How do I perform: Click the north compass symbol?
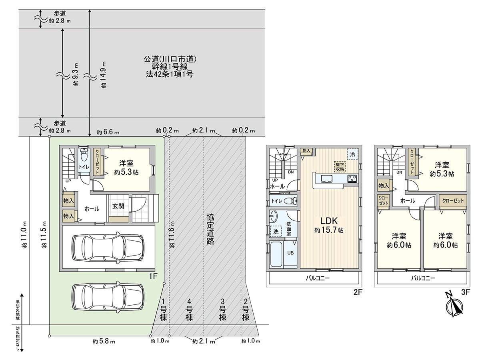click(x=454, y=306)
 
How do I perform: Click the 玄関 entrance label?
click(x=118, y=206)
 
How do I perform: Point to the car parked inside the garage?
click(x=108, y=245)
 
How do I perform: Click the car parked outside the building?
click(x=108, y=296)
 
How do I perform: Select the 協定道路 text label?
click(x=210, y=228)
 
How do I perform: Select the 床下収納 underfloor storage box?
click(x=340, y=166)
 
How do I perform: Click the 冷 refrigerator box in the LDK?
click(x=352, y=154)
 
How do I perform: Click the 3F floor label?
click(x=465, y=292)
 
